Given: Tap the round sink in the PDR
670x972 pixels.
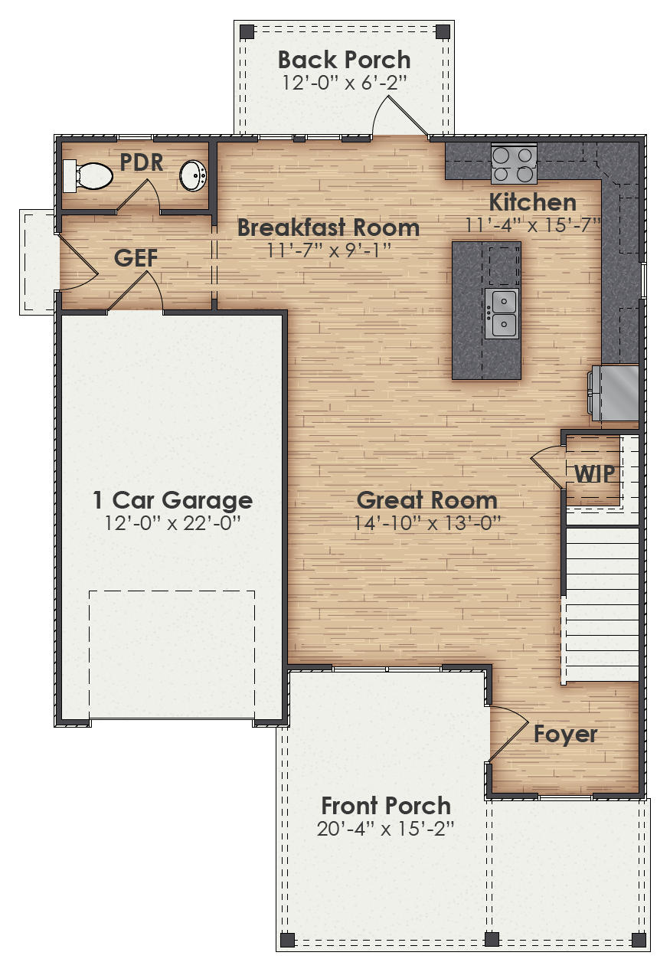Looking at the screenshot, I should tap(193, 175).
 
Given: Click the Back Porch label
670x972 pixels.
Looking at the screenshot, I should tap(344, 60).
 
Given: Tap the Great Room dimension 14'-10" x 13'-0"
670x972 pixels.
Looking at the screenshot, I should tap(427, 522).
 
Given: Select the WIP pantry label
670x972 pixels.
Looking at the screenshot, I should tap(594, 473).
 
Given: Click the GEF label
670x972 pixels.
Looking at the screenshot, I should tap(136, 258).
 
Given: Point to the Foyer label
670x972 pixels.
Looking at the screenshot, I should tap(565, 734).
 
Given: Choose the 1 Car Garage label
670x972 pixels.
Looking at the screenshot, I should tap(172, 500).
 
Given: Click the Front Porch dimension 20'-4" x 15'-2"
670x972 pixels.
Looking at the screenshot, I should tap(386, 828).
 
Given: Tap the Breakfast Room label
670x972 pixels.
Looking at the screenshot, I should tap(328, 227).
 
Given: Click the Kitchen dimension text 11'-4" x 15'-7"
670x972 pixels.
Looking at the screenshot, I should tap(533, 224).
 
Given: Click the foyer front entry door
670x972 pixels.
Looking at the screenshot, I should tap(507, 735).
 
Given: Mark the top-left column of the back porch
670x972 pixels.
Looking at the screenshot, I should tap(247, 32).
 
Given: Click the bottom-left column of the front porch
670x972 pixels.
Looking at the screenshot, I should tap(287, 939).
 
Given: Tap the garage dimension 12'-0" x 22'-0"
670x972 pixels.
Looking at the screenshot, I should tap(172, 522).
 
